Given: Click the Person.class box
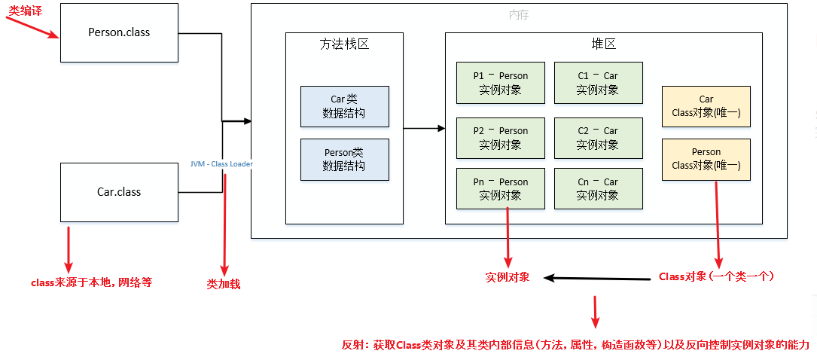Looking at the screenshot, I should pos(119,32).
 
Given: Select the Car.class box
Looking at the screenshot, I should pos(119,192).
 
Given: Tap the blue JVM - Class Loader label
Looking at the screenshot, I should pos(222,163).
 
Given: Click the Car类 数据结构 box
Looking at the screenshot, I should pos(345,106).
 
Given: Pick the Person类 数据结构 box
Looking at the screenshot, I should pos(345,159).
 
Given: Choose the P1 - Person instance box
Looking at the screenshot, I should pos(500,83).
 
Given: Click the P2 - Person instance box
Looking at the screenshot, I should pos(500,138).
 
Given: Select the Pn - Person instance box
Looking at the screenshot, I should pos(500,188).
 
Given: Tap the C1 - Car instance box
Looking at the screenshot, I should pos(598,83).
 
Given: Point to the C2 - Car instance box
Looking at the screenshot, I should pos(598,138).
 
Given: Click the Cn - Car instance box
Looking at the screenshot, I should pos(598,188).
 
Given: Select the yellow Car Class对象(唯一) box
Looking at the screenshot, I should pos(706,106).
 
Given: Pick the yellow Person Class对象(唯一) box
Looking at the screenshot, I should pos(706,159).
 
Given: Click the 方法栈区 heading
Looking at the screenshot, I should pos(344,44).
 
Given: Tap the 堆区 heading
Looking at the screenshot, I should pos(603,44).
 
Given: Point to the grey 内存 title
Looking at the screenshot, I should pos(519,15).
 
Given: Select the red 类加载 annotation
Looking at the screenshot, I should pos(224,285).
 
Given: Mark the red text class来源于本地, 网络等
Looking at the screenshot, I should pos(91,282).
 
